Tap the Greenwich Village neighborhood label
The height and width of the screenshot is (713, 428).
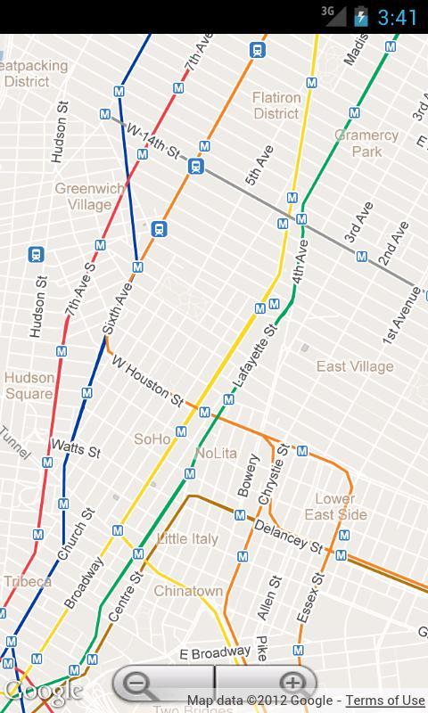click(89, 196)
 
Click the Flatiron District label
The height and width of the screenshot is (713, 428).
click(276, 105)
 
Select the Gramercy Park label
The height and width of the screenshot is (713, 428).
click(366, 143)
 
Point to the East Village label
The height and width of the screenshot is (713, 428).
click(354, 366)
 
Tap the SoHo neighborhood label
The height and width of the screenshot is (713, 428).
click(152, 439)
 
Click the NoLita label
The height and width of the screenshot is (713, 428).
click(216, 453)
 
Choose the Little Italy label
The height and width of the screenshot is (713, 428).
click(187, 539)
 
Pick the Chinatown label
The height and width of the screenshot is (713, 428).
click(188, 591)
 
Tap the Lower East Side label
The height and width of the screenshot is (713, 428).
click(335, 506)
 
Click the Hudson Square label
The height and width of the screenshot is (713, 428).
click(29, 385)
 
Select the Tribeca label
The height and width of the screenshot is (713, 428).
click(27, 581)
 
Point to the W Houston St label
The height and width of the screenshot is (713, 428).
click(147, 381)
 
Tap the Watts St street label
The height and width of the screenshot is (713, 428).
click(75, 447)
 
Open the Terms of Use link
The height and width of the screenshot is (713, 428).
click(385, 701)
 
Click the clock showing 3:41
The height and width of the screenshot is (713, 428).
click(398, 17)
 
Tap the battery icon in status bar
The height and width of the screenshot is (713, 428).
click(360, 16)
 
